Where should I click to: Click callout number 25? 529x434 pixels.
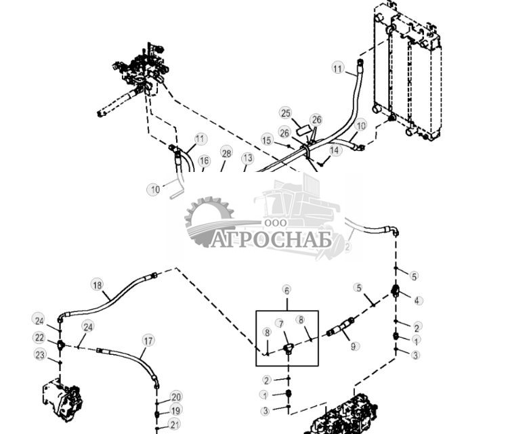coord(285,112)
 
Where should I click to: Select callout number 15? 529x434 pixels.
coord(267,140)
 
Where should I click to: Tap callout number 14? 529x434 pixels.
coord(335,150)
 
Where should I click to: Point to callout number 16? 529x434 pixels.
coord(204,161)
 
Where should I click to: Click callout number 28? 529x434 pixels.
coord(226,154)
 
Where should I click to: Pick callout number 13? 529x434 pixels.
coord(247,158)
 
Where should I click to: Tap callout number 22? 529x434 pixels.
coord(39,337)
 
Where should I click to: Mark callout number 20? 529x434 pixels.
coord(176,397)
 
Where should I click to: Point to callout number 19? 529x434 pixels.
coord(176,410)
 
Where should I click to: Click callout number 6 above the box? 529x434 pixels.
coord(287,290)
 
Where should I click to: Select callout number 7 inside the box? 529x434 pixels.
coord(279,324)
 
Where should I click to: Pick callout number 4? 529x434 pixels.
coord(417,301)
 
